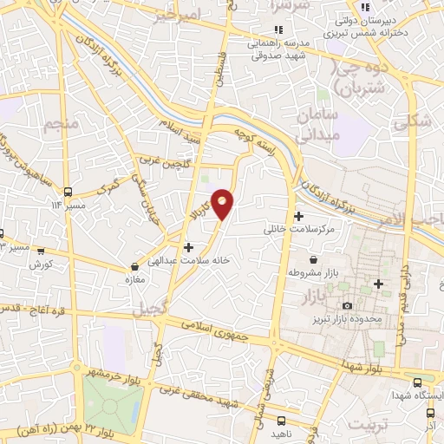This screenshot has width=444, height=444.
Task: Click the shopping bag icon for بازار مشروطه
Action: (313, 259)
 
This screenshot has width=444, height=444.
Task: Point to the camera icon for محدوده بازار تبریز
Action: (348, 305)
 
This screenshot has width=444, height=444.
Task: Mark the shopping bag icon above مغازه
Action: (134, 267)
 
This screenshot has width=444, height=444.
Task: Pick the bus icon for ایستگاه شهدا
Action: (417, 382)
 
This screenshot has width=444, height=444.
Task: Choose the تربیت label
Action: (364, 423)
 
